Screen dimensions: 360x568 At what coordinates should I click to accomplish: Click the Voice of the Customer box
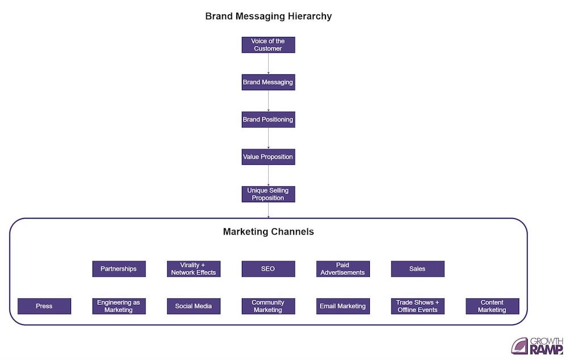pyautogui.click(x=268, y=45)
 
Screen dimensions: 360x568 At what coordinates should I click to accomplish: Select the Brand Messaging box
pyautogui.click(x=268, y=82)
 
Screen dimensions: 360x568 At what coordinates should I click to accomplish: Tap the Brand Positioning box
pyautogui.click(x=268, y=120)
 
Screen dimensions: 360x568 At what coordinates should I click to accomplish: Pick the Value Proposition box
pyautogui.click(x=268, y=157)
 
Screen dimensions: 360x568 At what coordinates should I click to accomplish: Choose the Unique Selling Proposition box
pyautogui.click(x=268, y=194)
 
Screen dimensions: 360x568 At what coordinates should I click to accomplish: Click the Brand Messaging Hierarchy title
pyautogui.click(x=268, y=16)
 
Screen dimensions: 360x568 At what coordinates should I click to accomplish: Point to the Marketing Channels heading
pyautogui.click(x=268, y=232)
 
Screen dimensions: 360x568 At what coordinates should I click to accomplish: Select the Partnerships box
pyautogui.click(x=119, y=269)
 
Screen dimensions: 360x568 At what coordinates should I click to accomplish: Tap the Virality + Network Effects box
pyautogui.click(x=194, y=269)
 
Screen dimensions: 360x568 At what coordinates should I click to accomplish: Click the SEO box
pyautogui.click(x=268, y=269)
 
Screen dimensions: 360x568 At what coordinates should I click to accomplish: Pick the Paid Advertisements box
pyautogui.click(x=343, y=269)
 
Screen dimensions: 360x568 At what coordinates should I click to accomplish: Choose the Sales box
pyautogui.click(x=417, y=269)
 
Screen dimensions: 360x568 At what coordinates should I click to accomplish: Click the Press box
pyautogui.click(x=44, y=306)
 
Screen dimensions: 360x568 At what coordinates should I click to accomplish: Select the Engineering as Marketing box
pyautogui.click(x=119, y=306)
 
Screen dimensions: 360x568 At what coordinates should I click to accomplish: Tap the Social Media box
pyautogui.click(x=194, y=306)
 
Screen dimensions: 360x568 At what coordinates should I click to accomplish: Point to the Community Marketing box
pyautogui.click(x=268, y=306)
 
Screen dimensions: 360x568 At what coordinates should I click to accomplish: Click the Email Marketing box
pyautogui.click(x=343, y=306)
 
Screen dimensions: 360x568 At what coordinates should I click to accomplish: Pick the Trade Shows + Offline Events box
pyautogui.click(x=417, y=306)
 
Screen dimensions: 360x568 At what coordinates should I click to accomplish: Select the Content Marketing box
pyautogui.click(x=492, y=306)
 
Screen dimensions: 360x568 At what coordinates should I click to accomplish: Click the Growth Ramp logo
pyautogui.click(x=537, y=345)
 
